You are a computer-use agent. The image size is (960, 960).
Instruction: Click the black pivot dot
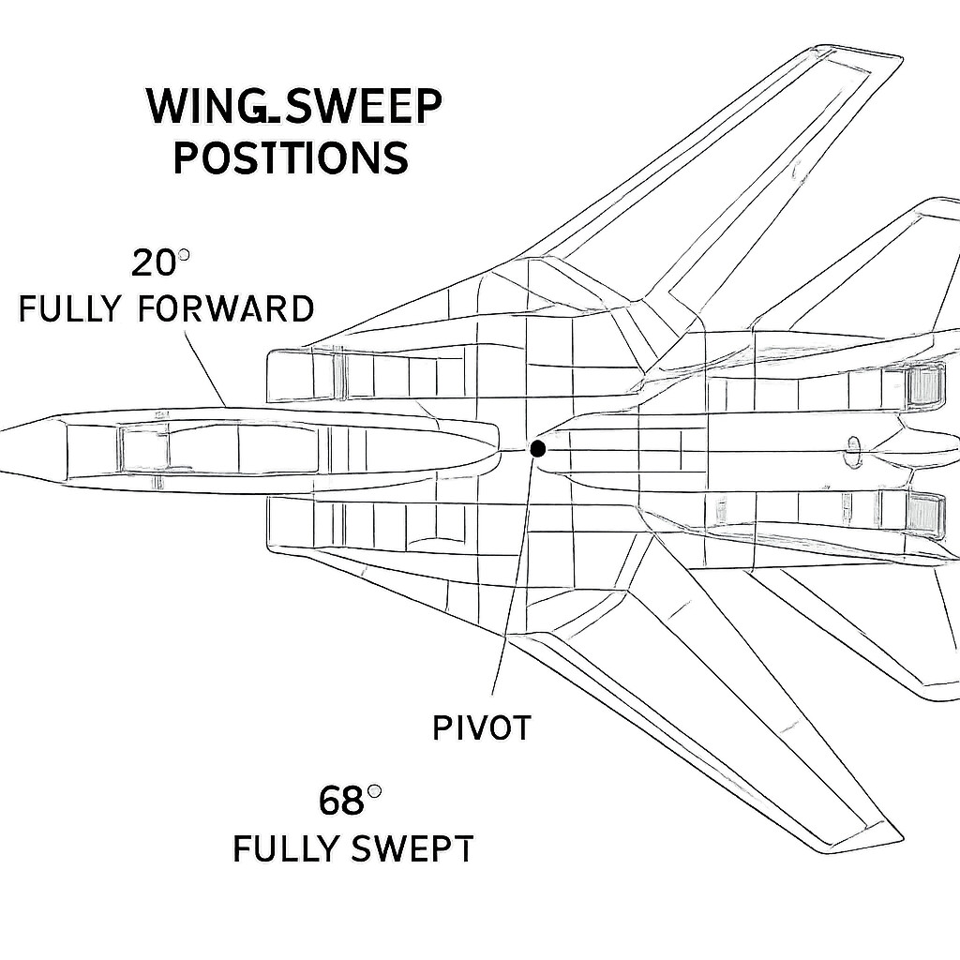click(537, 449)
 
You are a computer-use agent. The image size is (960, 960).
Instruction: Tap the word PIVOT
click(482, 727)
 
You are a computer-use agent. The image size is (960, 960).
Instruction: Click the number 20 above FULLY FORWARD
click(153, 263)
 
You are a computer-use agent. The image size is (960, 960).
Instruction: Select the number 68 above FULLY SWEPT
click(341, 802)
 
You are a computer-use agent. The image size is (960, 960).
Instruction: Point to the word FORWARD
click(226, 308)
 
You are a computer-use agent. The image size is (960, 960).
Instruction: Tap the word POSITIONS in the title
click(291, 157)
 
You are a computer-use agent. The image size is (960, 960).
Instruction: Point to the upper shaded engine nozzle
click(925, 386)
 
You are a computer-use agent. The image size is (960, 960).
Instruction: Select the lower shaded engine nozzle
click(925, 512)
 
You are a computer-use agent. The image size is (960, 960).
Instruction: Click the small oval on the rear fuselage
click(853, 449)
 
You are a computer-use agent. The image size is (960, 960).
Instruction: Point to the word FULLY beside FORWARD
click(71, 308)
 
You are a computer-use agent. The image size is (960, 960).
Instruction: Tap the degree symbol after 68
click(374, 792)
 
